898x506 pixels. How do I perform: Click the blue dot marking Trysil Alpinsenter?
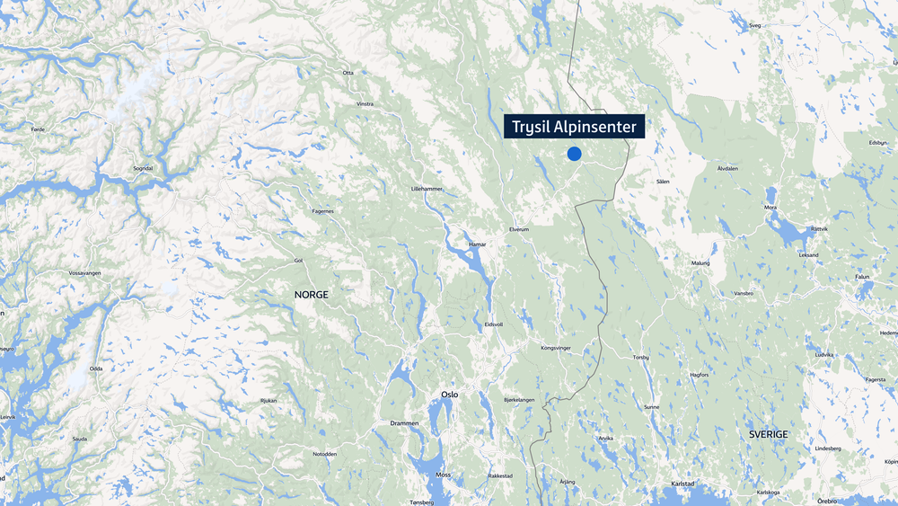574,154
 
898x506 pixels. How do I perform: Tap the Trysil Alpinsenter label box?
575,127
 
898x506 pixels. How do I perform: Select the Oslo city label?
449,395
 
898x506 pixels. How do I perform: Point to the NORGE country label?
312,295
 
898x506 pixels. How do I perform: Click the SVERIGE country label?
768,434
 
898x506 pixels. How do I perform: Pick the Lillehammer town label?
427,190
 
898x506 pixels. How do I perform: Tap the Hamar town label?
477,244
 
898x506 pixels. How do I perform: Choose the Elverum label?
520,229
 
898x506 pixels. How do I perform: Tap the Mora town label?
770,208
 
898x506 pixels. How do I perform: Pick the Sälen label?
663,182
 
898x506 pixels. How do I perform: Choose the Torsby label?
640,357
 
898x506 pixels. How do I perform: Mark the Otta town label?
348,72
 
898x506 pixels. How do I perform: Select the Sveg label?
754,26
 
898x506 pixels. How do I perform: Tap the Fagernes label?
322,211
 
